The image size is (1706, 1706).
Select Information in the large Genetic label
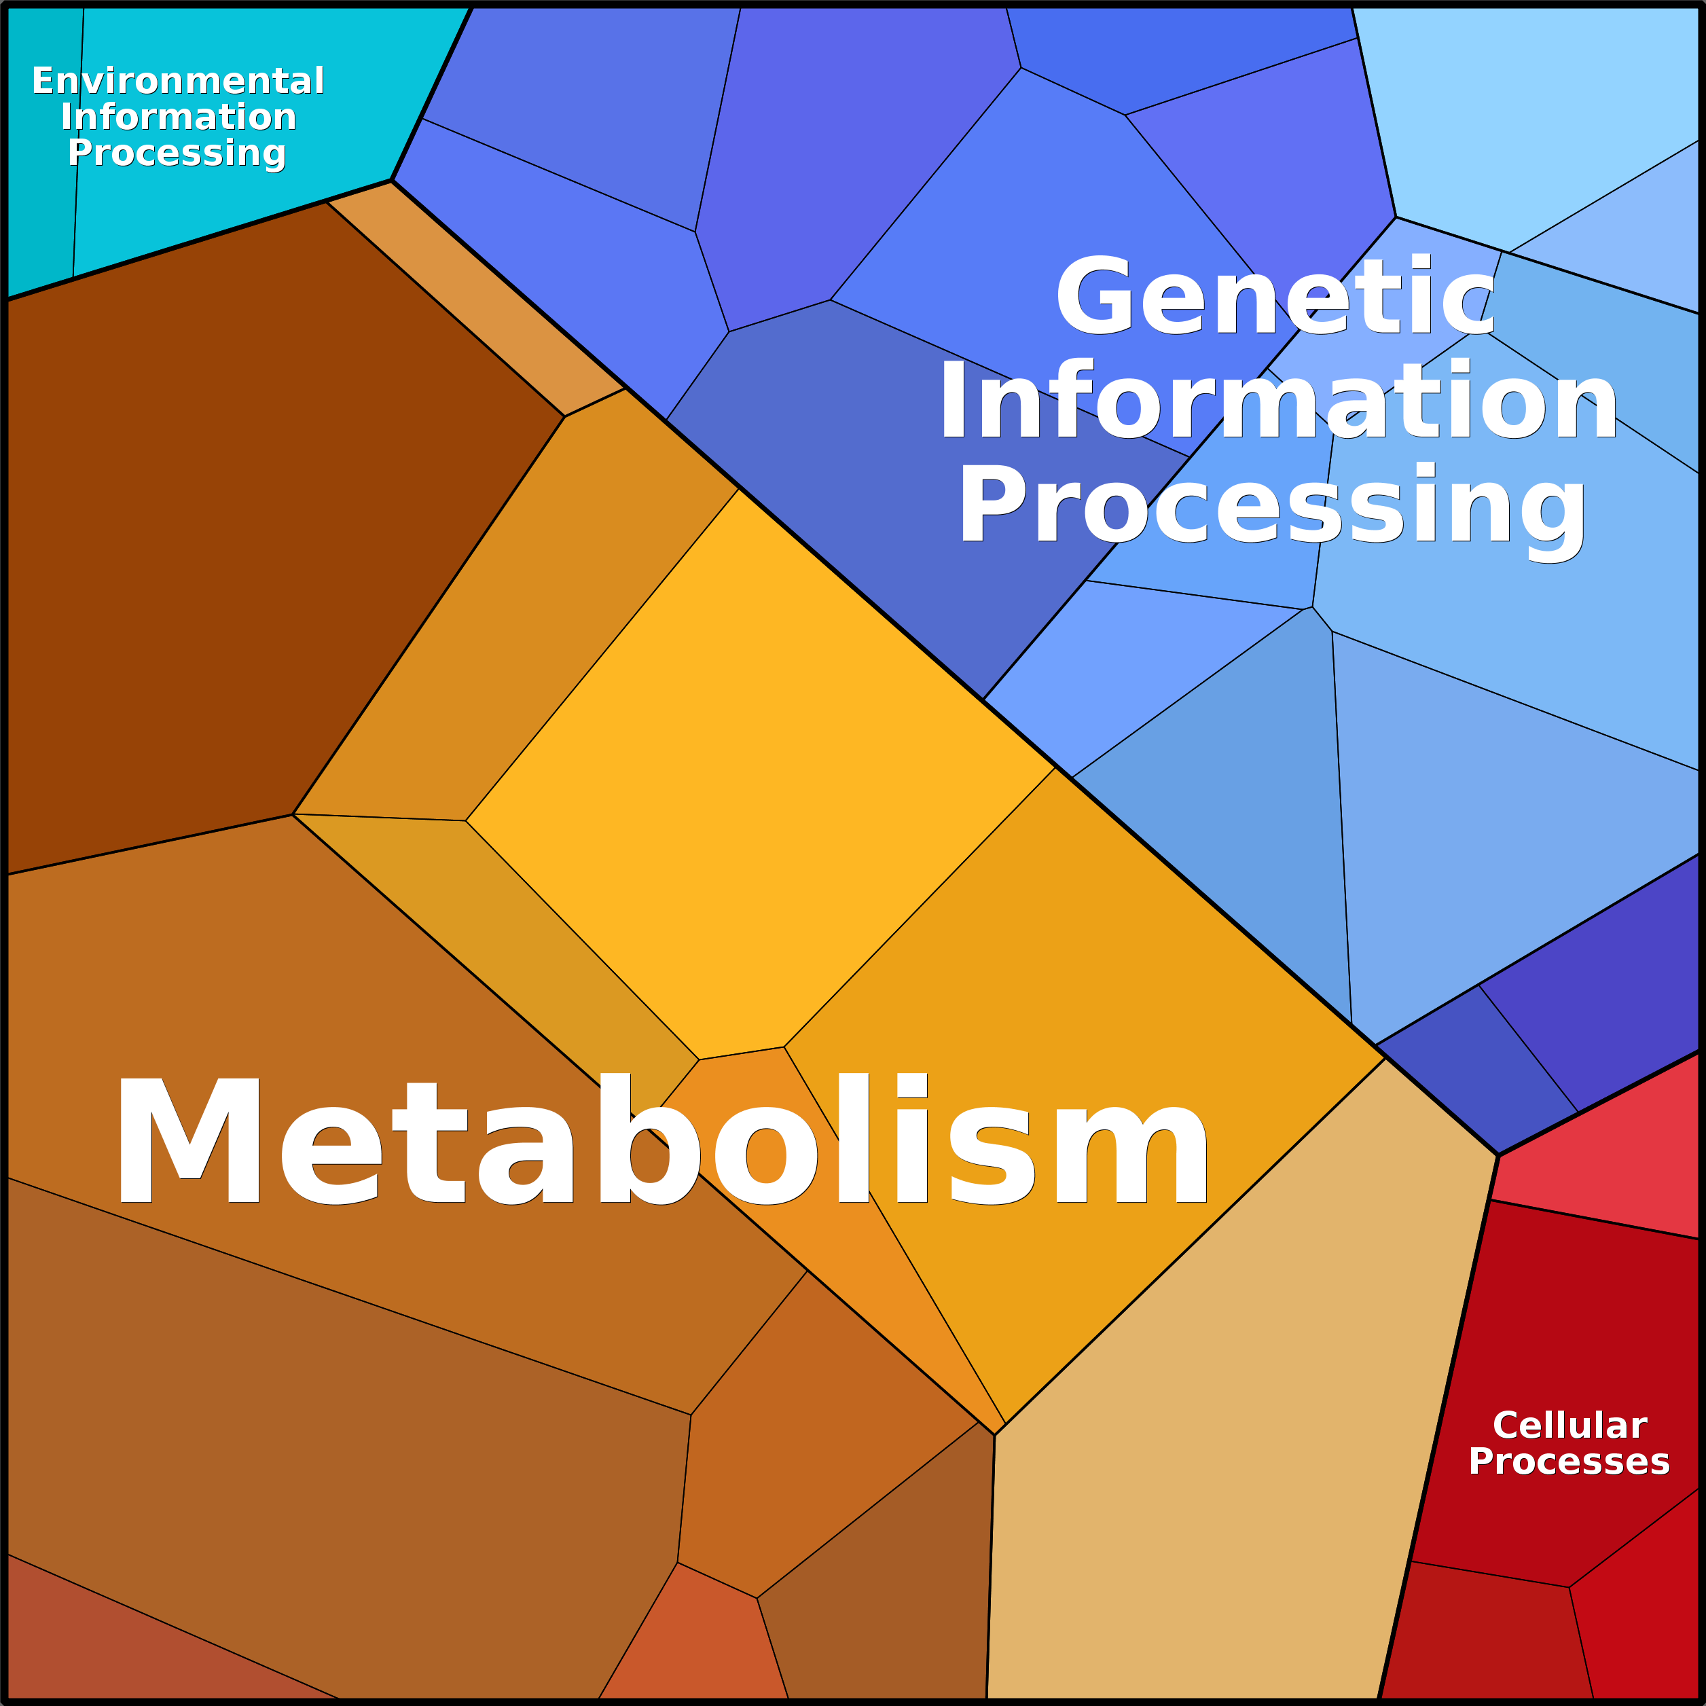(x=1279, y=402)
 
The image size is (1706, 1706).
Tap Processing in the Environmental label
(x=177, y=153)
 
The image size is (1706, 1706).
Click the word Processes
(x=1569, y=1461)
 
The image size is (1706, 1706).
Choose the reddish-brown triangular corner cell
(x=132, y=1651)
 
